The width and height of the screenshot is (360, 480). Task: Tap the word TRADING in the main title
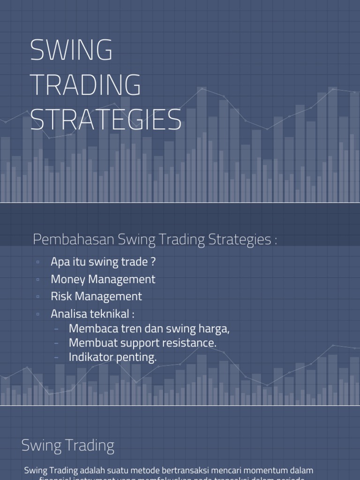point(85,85)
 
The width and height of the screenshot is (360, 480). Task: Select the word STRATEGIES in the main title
point(106,120)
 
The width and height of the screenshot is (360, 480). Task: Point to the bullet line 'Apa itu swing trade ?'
point(103,262)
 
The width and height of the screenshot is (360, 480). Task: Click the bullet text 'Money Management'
point(103,279)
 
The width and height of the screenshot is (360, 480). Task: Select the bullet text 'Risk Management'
point(96,296)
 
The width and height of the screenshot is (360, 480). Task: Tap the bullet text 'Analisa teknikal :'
point(92,314)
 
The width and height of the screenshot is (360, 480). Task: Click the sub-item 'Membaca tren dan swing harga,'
point(149,329)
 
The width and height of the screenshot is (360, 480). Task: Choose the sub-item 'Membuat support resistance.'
point(142,343)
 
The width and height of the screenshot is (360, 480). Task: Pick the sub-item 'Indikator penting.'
point(112,357)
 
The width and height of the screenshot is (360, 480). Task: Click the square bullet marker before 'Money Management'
point(37,280)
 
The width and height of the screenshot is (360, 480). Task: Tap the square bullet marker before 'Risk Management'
point(37,297)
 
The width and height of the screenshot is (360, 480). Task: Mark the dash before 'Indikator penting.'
point(57,357)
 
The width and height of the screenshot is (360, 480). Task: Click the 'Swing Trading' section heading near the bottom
point(68,445)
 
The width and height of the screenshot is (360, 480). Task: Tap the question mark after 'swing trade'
point(153,262)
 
